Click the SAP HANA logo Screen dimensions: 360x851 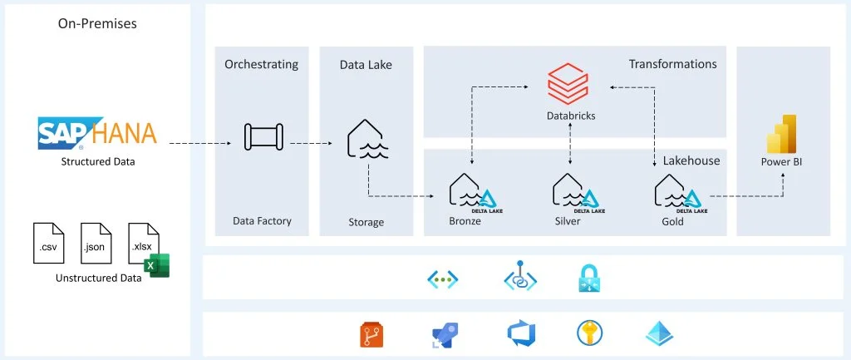[x=97, y=133]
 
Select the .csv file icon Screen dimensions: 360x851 [x=48, y=243]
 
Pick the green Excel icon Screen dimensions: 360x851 [x=155, y=264]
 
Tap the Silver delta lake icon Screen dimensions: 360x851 [x=571, y=192]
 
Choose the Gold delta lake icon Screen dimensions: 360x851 [x=674, y=192]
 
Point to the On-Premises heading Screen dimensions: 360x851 [x=97, y=24]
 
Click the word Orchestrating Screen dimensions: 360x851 [x=262, y=64]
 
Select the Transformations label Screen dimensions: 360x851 [x=672, y=64]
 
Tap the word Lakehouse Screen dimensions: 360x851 [x=691, y=160]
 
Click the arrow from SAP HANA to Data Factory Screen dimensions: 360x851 [x=199, y=143]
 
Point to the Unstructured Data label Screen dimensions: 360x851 [x=98, y=278]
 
